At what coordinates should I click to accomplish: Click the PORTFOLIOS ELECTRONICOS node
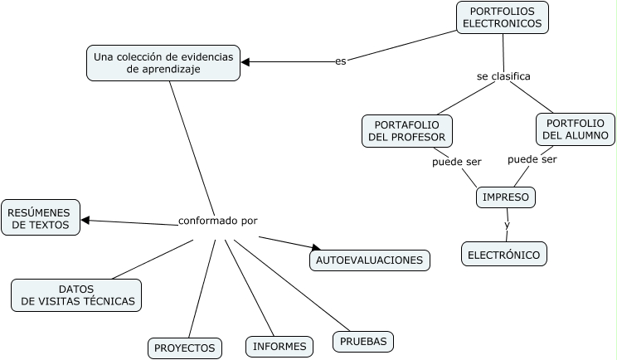(x=502, y=17)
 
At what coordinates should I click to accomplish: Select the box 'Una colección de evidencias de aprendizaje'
(x=163, y=63)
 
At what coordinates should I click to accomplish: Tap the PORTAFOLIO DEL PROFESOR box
(x=406, y=131)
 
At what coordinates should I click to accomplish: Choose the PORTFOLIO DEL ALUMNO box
(x=575, y=129)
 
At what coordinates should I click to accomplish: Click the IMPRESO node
(x=506, y=197)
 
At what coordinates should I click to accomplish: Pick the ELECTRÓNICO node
(x=504, y=254)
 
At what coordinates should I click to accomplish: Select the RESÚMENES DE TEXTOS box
(x=41, y=217)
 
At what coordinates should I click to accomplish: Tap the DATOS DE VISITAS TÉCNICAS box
(x=76, y=295)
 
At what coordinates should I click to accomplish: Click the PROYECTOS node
(x=185, y=348)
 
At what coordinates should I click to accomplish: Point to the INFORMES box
(x=279, y=347)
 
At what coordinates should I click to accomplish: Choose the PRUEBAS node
(x=363, y=341)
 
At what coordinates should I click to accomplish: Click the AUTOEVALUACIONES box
(x=370, y=260)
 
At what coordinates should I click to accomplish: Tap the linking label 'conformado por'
(x=218, y=221)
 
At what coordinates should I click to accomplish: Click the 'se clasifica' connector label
(x=503, y=76)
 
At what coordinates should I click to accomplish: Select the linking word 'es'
(x=340, y=61)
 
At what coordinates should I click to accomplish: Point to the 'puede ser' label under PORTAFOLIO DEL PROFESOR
(x=457, y=161)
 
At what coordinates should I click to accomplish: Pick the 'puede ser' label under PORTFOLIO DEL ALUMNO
(x=532, y=159)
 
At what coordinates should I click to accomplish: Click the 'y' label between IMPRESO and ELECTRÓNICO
(x=507, y=225)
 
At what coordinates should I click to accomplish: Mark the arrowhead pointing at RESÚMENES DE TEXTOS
(x=85, y=220)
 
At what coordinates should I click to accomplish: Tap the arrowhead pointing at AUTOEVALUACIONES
(x=315, y=247)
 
